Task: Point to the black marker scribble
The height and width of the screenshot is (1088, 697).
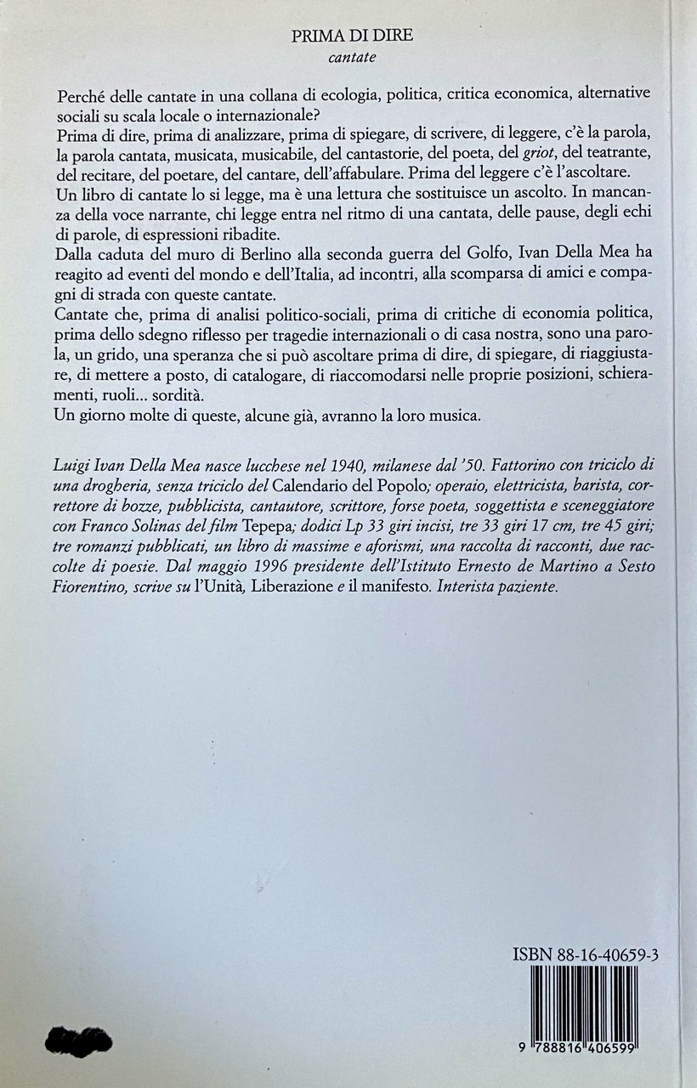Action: pyautogui.click(x=80, y=1041)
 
